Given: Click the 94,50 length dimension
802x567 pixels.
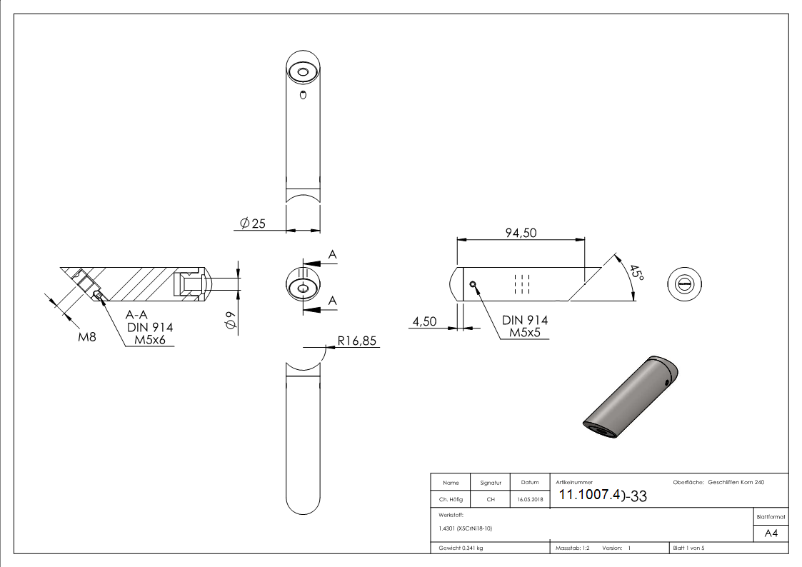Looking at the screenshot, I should point(520,232).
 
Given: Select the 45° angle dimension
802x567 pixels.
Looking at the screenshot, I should point(636,272).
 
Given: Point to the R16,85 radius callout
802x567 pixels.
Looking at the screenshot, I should point(357,341).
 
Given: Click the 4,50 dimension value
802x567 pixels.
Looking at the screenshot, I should point(423,322).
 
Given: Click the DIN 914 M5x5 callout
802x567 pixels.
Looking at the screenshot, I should point(524,327).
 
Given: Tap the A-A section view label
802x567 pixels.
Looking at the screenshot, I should point(138,315).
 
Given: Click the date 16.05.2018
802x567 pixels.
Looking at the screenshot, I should point(529,500).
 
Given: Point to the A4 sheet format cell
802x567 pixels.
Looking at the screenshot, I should point(771,533).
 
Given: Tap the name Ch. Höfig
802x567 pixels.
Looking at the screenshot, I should point(450,500).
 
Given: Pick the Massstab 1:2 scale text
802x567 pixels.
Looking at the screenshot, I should point(573,548).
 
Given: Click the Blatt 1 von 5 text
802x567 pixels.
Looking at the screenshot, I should point(688,548).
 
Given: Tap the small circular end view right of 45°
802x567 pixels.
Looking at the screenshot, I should point(683,283).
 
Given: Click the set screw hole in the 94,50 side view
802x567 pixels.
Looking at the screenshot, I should point(473,283).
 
